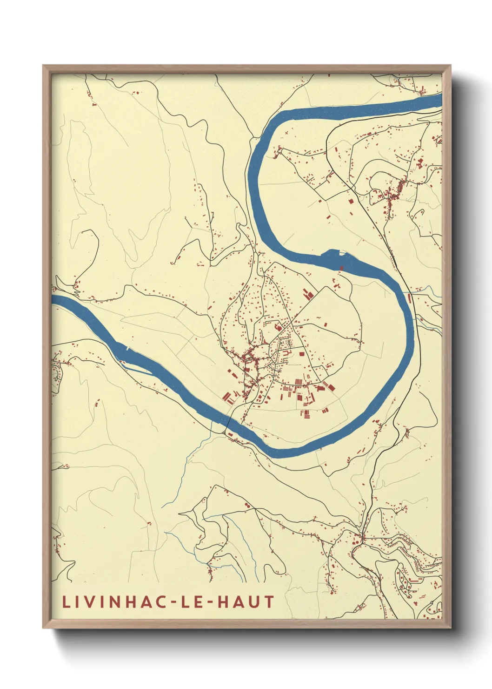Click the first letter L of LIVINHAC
66,602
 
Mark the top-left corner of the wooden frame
44,66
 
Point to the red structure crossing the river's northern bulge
341,268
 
